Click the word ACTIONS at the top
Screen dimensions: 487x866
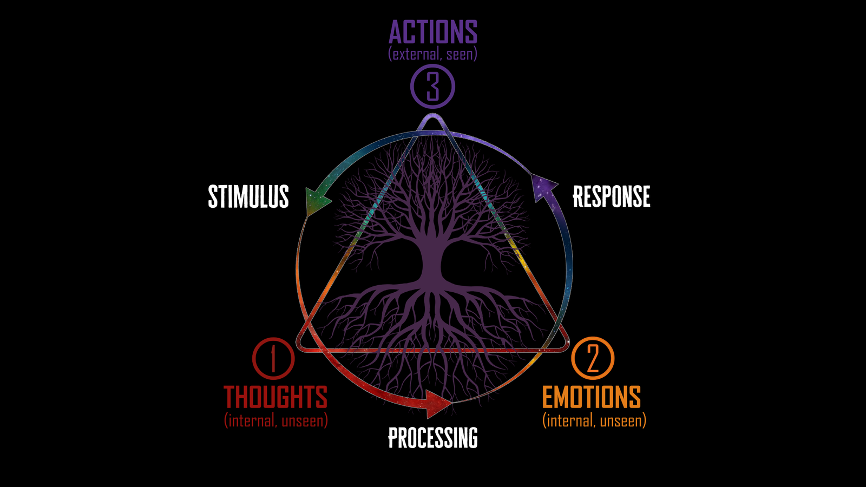[433, 32]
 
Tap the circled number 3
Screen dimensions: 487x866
[432, 87]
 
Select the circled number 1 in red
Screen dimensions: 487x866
[273, 358]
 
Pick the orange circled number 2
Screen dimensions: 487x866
[593, 358]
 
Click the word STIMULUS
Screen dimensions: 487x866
[248, 196]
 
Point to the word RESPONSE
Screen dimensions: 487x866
[612, 196]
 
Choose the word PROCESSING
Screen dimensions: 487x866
[433, 438]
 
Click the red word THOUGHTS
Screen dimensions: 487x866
[275, 397]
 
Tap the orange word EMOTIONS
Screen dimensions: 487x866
[592, 397]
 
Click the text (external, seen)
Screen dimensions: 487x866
[433, 54]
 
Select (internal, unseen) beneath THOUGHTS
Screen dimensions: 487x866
[276, 420]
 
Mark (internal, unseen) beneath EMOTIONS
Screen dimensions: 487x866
[594, 420]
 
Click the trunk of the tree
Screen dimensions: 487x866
[431, 260]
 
